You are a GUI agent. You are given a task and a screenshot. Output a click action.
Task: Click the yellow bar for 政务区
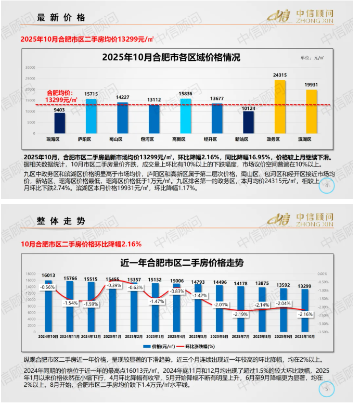(280, 107)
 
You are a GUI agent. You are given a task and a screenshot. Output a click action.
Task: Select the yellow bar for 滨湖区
(311, 112)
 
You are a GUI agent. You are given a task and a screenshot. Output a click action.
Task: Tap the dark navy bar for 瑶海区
(60, 123)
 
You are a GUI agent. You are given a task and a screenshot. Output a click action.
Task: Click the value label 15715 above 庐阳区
(92, 94)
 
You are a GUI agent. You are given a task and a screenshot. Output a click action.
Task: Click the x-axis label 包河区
(155, 139)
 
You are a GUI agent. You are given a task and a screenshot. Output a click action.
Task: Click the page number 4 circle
(326, 186)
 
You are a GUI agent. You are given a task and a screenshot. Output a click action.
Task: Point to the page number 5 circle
(326, 388)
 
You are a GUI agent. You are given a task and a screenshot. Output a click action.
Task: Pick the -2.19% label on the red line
(240, 314)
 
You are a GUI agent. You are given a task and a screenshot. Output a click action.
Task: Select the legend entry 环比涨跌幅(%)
(199, 346)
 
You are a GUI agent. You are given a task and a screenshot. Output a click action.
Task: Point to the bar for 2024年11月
(70, 307)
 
